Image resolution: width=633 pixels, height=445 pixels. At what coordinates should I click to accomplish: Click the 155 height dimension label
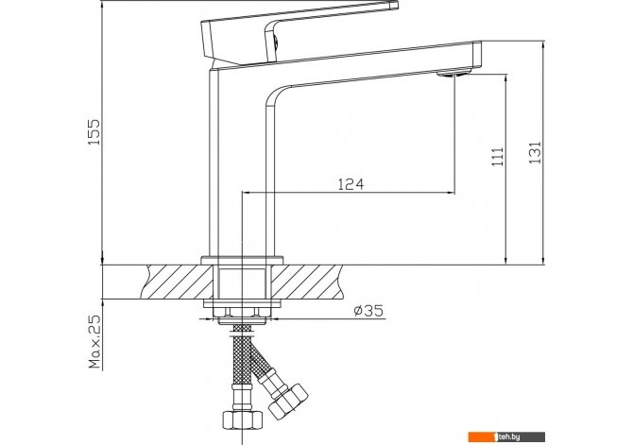pyautogui.click(x=94, y=132)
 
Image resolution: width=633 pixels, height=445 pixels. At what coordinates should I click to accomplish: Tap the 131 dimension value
pyautogui.click(x=535, y=152)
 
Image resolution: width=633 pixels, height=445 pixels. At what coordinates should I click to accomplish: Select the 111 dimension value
pyautogui.click(x=497, y=157)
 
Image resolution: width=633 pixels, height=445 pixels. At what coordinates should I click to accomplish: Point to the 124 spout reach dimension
pyautogui.click(x=351, y=184)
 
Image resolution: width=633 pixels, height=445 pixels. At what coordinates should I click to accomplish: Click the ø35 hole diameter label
pyautogui.click(x=368, y=311)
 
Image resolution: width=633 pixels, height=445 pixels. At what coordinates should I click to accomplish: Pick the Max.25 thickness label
pyautogui.click(x=94, y=342)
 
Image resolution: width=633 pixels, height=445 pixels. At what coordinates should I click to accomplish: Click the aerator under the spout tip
pyautogui.click(x=453, y=73)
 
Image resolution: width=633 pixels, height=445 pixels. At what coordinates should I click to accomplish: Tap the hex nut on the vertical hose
pyautogui.click(x=242, y=420)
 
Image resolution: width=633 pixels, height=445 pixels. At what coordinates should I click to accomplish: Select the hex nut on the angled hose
pyautogui.click(x=288, y=401)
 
